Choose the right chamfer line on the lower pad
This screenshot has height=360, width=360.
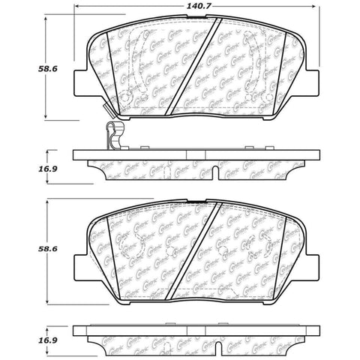(286, 240)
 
